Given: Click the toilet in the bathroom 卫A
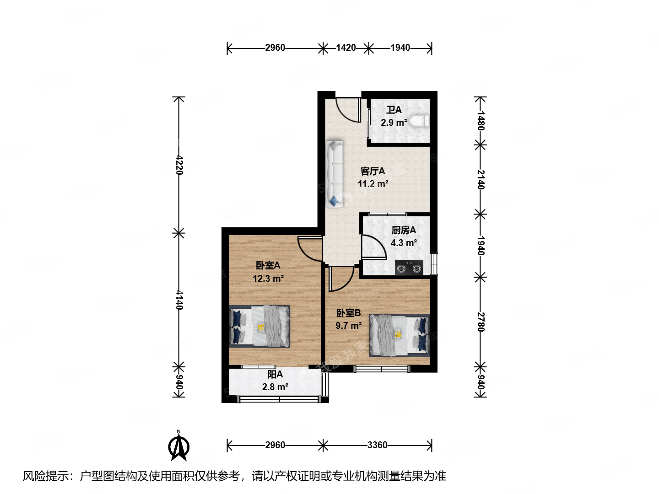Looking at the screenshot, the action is (419, 121).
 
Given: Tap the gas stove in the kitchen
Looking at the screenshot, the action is (409, 268).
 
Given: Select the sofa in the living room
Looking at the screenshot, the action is (335, 174).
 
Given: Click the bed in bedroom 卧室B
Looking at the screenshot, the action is (400, 335).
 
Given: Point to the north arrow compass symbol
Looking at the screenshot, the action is (179, 446).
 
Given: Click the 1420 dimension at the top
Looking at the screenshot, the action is (346, 48).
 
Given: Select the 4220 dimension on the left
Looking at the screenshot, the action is (179, 165).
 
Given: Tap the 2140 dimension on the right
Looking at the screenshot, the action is (480, 179).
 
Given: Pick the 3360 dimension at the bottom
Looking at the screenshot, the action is (377, 445).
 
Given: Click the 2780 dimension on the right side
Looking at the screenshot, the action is (480, 322).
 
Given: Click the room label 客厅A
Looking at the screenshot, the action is (373, 171).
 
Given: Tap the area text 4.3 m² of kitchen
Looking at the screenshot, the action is (403, 243).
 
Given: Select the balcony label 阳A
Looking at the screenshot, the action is (275, 374).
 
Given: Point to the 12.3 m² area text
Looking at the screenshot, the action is (268, 278).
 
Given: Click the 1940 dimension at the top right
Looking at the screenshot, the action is (400, 48).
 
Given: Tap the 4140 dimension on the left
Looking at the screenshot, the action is (179, 300).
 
